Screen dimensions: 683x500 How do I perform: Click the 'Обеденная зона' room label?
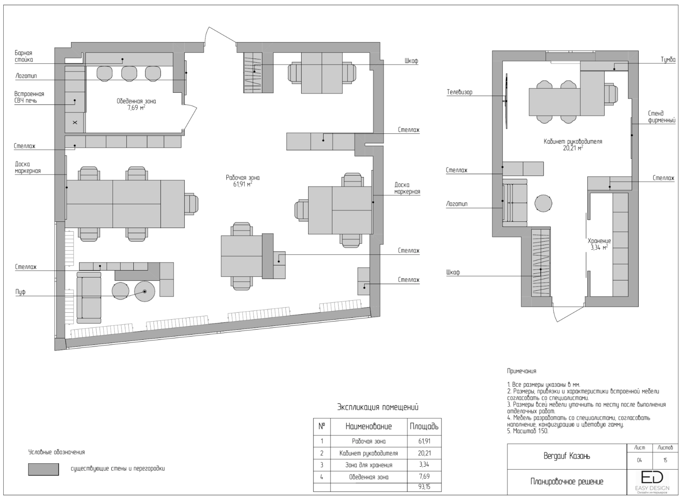click(136, 101)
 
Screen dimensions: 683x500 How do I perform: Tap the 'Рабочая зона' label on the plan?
click(243, 177)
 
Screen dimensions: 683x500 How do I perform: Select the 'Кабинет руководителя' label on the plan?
click(573, 142)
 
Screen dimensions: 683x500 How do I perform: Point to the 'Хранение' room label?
click(599, 241)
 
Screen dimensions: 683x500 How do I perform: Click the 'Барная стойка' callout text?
click(24, 57)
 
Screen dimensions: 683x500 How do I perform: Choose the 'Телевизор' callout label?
click(459, 92)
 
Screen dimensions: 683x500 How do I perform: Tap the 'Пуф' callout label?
click(20, 292)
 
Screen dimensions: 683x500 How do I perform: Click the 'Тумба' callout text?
click(668, 60)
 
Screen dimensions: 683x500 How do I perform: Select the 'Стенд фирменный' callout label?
click(662, 117)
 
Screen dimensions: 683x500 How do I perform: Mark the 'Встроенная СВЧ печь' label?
click(29, 97)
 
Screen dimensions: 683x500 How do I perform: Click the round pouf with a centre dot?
click(145, 292)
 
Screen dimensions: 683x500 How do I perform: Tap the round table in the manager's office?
click(543, 203)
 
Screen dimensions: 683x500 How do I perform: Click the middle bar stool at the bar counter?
click(129, 74)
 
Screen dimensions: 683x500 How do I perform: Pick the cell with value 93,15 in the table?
click(424, 487)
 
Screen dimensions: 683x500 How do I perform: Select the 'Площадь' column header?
click(424, 426)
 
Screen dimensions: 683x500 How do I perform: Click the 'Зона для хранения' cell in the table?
click(369, 465)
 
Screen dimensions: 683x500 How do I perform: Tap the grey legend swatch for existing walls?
click(43, 469)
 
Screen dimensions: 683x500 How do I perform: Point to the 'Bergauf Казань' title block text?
click(567, 456)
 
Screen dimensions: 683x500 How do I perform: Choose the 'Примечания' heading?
click(521, 371)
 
